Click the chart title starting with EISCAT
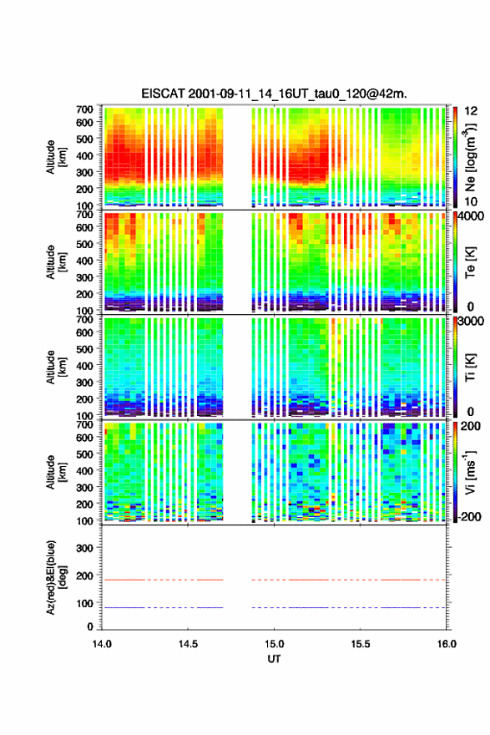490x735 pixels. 274,94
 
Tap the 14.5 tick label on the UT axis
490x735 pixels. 188,644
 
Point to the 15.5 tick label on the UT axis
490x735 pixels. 361,644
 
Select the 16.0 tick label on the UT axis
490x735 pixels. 447,644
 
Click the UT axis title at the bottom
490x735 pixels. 274,659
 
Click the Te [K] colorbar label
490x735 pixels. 470,263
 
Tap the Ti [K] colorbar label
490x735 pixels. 470,367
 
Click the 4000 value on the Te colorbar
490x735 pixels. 470,216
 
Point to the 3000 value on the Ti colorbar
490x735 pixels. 471,321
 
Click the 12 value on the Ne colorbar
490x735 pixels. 471,111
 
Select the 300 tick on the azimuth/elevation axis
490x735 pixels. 84,548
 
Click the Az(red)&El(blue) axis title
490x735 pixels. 56,577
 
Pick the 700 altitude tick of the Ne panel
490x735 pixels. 84,109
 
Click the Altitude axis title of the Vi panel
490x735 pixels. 56,472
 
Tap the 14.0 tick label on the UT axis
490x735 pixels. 102,644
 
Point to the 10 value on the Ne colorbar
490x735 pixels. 471,201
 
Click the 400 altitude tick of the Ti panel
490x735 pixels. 84,366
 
